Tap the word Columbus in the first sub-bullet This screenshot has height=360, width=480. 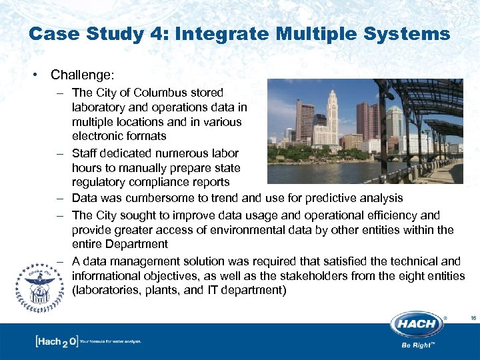tap(162, 93)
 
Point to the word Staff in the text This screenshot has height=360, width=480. tap(86, 153)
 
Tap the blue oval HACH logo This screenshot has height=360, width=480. tap(418, 325)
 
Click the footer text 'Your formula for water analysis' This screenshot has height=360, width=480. tap(111, 341)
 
